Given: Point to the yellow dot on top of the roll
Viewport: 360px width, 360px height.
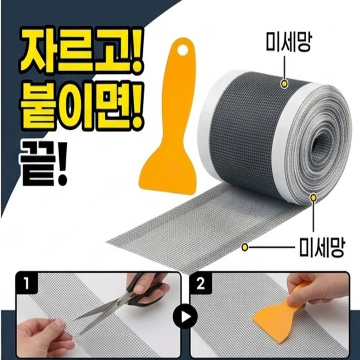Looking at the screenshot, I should pyautogui.click(x=285, y=84).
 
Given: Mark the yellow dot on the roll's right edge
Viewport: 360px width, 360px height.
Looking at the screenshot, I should pyautogui.click(x=313, y=196).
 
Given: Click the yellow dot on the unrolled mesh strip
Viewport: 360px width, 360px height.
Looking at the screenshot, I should pyautogui.click(x=246, y=248).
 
